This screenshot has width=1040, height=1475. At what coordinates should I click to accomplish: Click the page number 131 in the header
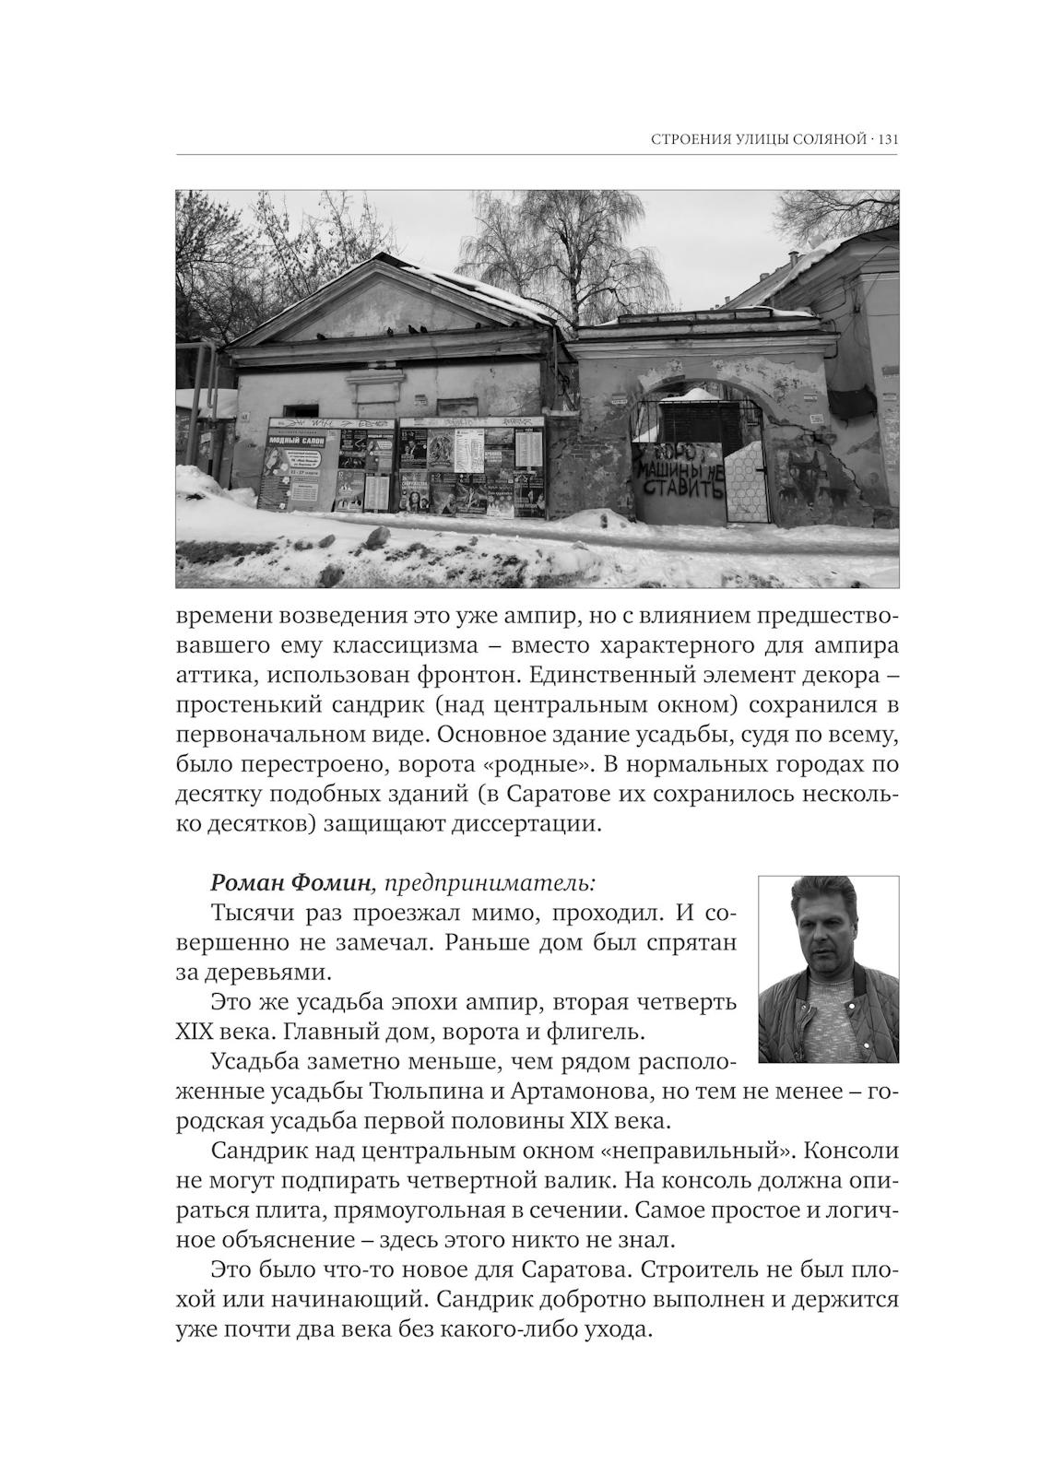pos(888,140)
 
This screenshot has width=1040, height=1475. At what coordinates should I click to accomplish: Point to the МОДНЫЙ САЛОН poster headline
pos(294,442)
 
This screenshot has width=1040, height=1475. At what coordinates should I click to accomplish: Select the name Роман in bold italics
pos(247,882)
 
